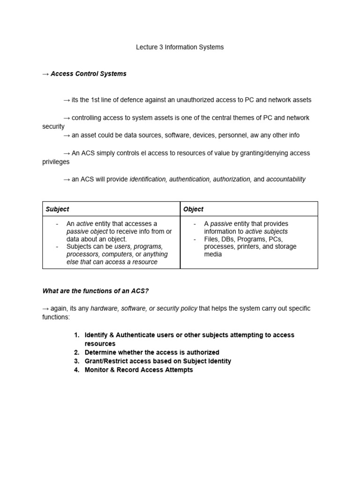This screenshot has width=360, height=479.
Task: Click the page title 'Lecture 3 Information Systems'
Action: pyautogui.click(x=180, y=47)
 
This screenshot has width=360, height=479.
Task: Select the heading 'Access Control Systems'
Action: pyautogui.click(x=89, y=74)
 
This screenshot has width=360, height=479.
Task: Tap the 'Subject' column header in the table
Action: pyautogui.click(x=57, y=209)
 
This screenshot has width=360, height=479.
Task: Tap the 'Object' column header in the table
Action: pyautogui.click(x=193, y=209)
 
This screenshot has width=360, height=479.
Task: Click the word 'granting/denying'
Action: pyautogui.click(x=261, y=153)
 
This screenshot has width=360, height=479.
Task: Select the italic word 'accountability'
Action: pyautogui.click(x=285, y=179)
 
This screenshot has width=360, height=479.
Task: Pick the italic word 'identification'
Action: pyautogui.click(x=148, y=179)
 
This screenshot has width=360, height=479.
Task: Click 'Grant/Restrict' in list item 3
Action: pyautogui.click(x=106, y=361)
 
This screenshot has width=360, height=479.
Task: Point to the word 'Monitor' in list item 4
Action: pyautogui.click(x=97, y=370)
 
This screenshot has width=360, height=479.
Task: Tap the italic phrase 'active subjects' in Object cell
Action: pyautogui.click(x=266, y=232)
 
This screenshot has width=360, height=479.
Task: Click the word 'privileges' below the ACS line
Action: pyautogui.click(x=56, y=162)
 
